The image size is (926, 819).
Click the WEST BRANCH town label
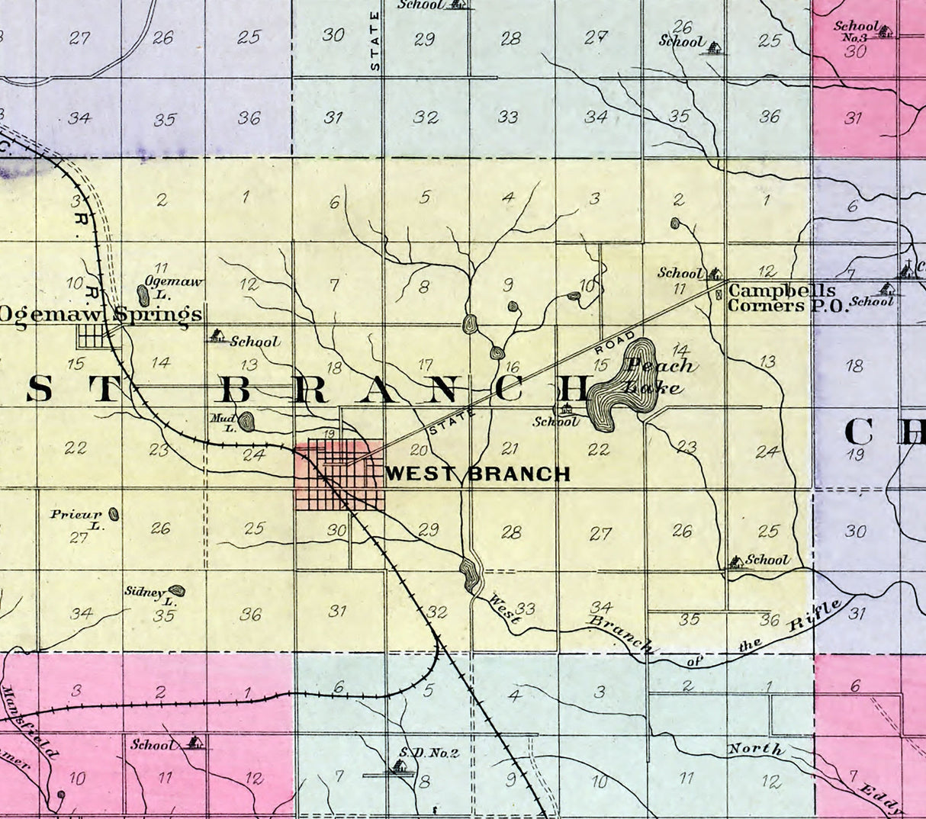point(478,474)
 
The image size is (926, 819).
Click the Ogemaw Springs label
point(101,314)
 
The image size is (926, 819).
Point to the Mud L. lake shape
point(246,420)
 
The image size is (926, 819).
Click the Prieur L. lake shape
point(114,514)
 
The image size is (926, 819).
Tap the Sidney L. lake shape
point(177,590)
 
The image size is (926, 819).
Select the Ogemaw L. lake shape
point(143,296)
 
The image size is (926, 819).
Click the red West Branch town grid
point(340,475)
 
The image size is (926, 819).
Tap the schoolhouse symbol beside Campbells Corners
point(714,272)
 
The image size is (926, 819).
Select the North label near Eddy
point(755,750)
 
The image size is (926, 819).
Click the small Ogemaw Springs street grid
point(93,336)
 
